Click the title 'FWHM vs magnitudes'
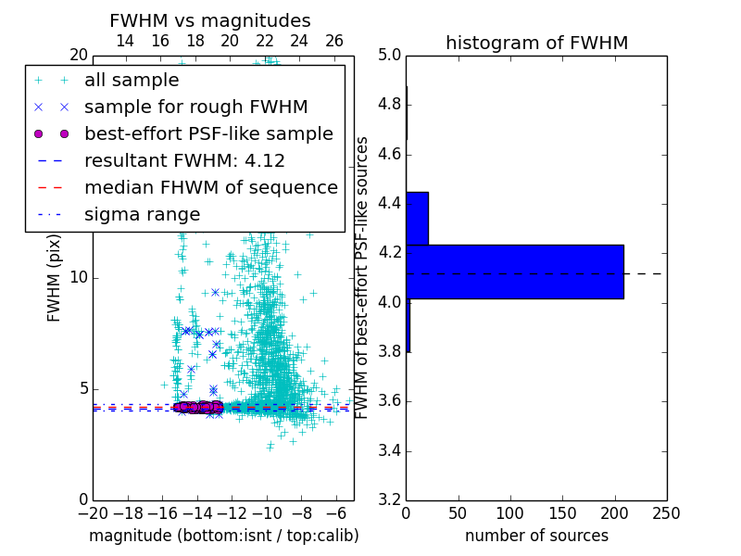click(210, 20)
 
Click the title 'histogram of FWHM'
click(536, 43)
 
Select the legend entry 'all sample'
click(132, 80)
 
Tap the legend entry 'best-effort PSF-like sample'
click(208, 133)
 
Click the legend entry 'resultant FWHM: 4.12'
click(184, 160)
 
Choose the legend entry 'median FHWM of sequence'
click(210, 187)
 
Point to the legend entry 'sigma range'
click(142, 214)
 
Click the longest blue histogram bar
click(514, 272)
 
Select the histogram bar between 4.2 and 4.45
click(417, 218)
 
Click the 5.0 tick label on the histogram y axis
click(389, 55)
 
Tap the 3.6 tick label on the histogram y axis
click(389, 401)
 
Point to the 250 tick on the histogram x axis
click(666, 513)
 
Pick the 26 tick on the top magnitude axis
click(334, 41)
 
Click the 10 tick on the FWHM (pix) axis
click(77, 277)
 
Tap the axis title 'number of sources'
click(536, 536)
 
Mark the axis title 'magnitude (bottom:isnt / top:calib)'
click(223, 536)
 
